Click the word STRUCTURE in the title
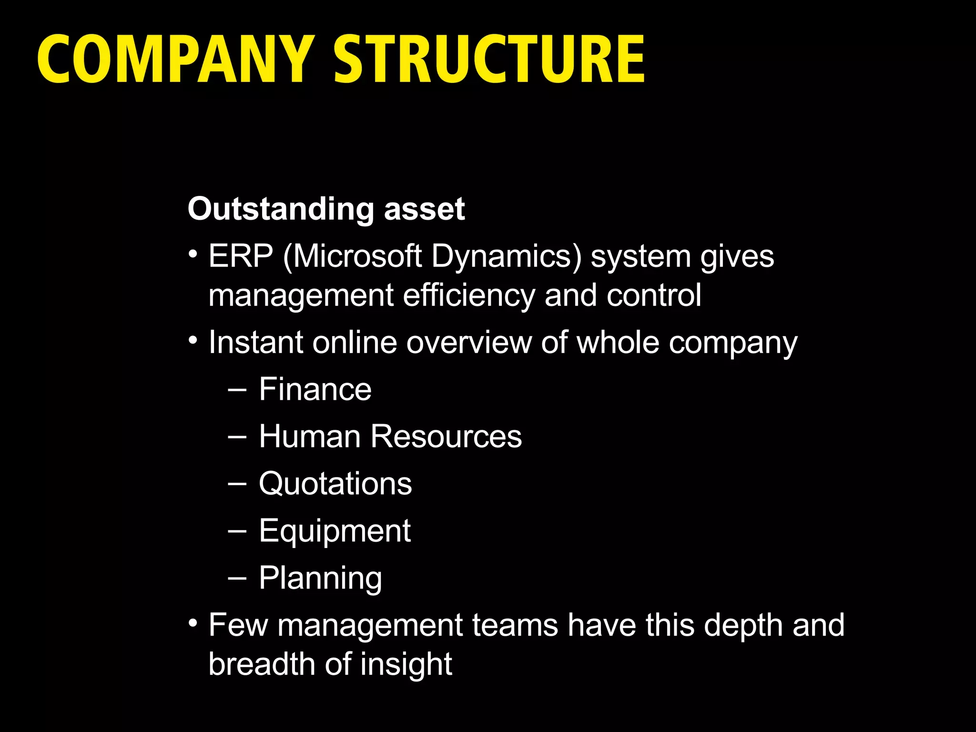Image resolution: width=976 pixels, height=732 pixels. click(x=489, y=59)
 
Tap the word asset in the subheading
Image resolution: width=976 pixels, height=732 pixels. click(x=424, y=209)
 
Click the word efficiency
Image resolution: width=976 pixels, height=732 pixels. click(x=469, y=295)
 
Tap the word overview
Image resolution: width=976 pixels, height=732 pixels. click(x=469, y=342)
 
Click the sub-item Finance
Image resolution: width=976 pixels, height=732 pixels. click(x=315, y=389)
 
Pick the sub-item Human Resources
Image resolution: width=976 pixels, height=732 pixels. click(x=390, y=436)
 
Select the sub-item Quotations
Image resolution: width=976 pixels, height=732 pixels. click(x=335, y=484)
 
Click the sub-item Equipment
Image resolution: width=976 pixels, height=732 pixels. click(x=335, y=531)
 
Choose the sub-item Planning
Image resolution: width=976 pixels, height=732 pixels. click(x=320, y=578)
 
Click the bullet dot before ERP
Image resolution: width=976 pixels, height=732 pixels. click(x=193, y=253)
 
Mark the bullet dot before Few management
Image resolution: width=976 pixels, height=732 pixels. click(x=193, y=622)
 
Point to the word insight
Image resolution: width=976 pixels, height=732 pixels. click(x=406, y=664)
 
